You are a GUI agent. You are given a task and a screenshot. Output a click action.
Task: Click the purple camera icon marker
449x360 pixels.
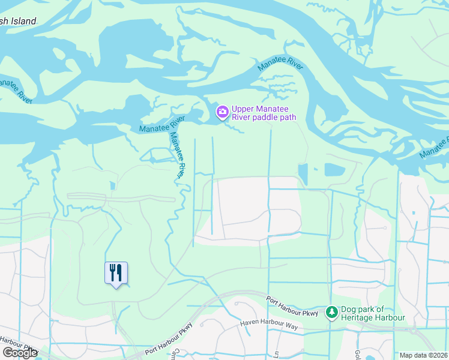pyautogui.click(x=223, y=112)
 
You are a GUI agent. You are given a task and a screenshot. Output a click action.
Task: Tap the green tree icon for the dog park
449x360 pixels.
pyautogui.click(x=331, y=312)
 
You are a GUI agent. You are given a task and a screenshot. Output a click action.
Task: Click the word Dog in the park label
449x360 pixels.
pyautogui.click(x=349, y=309)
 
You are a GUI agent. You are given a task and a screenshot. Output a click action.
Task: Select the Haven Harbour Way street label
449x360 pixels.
pyautogui.click(x=269, y=325)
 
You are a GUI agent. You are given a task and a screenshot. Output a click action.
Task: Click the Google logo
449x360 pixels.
pyautogui.click(x=19, y=353)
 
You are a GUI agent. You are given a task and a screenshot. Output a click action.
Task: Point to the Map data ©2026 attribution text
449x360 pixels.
pyautogui.click(x=423, y=355)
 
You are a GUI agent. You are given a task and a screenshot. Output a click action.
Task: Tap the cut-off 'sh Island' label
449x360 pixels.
pyautogui.click(x=18, y=22)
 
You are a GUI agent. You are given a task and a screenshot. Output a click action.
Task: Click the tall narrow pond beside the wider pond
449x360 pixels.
pyautogui.click(x=303, y=174)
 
